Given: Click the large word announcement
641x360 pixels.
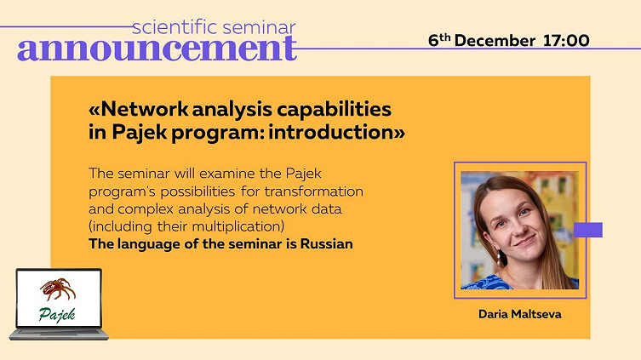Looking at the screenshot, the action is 157,49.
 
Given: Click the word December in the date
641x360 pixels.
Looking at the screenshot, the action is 495,41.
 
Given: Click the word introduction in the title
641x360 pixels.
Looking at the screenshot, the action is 331,132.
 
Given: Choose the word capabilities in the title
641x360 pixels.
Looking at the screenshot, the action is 334,110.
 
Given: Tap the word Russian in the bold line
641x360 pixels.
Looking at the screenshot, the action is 326,244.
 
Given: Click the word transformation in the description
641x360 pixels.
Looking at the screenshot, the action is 313,191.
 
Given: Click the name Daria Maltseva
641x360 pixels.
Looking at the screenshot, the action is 519,314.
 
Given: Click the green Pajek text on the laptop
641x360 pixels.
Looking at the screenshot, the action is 57,315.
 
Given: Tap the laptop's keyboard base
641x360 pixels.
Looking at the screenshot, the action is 59,334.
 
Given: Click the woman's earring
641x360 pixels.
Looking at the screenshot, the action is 499,258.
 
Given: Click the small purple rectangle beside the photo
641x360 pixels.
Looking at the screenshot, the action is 588,230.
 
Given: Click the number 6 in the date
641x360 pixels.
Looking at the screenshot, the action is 433,41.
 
